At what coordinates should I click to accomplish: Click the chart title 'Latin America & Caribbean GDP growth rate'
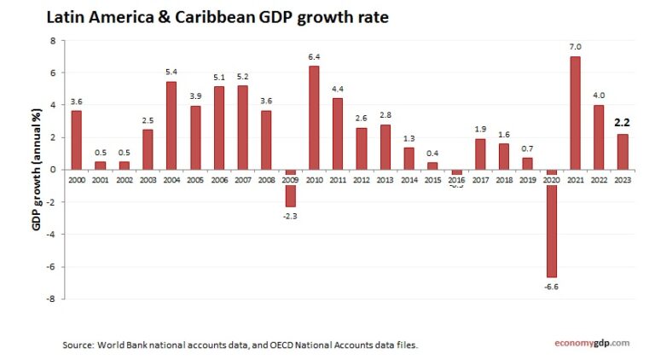tap(217, 17)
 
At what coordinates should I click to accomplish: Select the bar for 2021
tap(575, 113)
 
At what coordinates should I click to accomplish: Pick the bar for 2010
tap(314, 118)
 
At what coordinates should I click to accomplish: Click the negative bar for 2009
tap(290, 189)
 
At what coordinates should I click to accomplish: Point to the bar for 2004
tap(171, 125)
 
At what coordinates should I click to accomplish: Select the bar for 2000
tap(77, 140)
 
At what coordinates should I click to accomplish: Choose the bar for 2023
tap(623, 151)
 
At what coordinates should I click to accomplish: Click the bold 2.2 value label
tap(623, 123)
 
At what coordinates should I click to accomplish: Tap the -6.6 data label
tap(551, 287)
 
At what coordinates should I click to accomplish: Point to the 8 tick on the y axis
tap(53, 41)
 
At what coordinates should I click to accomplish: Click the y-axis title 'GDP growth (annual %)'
tap(38, 169)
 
